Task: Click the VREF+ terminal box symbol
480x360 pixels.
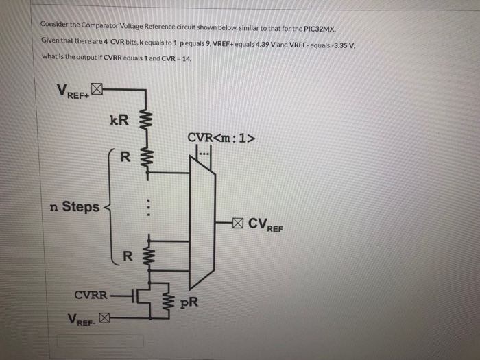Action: click(x=97, y=88)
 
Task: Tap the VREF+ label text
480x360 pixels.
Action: click(x=72, y=91)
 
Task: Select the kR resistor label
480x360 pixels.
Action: click(x=119, y=121)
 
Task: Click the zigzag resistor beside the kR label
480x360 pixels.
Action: click(x=145, y=121)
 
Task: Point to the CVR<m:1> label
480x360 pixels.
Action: click(x=221, y=138)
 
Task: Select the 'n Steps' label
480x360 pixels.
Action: click(x=75, y=206)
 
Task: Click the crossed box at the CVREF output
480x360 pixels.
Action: click(x=237, y=223)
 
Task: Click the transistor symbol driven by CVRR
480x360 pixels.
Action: click(x=141, y=296)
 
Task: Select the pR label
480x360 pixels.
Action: click(x=189, y=302)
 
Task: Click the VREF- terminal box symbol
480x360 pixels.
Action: click(x=104, y=317)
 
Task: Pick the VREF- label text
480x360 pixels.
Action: click(x=82, y=320)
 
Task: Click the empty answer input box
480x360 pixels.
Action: click(x=100, y=341)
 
